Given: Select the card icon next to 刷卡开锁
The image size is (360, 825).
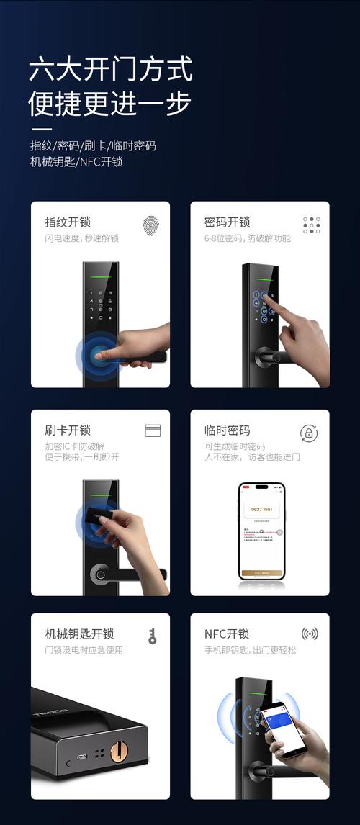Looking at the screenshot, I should click(153, 430).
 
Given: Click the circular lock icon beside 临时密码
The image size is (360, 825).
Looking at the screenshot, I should click(309, 433).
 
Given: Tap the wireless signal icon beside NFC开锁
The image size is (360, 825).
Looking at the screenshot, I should click(310, 634).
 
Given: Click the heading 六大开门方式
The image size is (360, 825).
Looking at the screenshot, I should click(110, 71).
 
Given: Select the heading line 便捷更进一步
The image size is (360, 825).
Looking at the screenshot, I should click(110, 104).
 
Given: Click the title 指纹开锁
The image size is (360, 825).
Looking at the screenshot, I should click(68, 222).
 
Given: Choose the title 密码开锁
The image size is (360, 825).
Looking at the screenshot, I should click(227, 222).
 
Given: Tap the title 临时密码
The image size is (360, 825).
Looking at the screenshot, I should click(227, 430).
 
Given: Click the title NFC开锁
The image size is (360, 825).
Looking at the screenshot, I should click(227, 634).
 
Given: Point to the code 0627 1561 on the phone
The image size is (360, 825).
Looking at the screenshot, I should click(262, 510).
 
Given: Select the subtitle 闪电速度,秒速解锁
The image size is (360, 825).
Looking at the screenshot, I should click(81, 238).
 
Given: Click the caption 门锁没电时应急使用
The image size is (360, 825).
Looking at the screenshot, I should click(84, 650).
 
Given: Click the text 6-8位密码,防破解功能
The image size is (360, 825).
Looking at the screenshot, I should click(247, 238).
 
